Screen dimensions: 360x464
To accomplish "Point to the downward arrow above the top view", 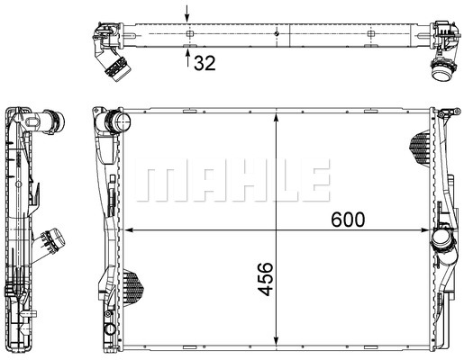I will pyautogui.click(x=187, y=13).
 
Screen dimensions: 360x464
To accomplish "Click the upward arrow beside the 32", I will pyautogui.click(x=187, y=60).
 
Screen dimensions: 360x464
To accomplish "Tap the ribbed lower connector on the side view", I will pyautogui.click(x=52, y=241).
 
